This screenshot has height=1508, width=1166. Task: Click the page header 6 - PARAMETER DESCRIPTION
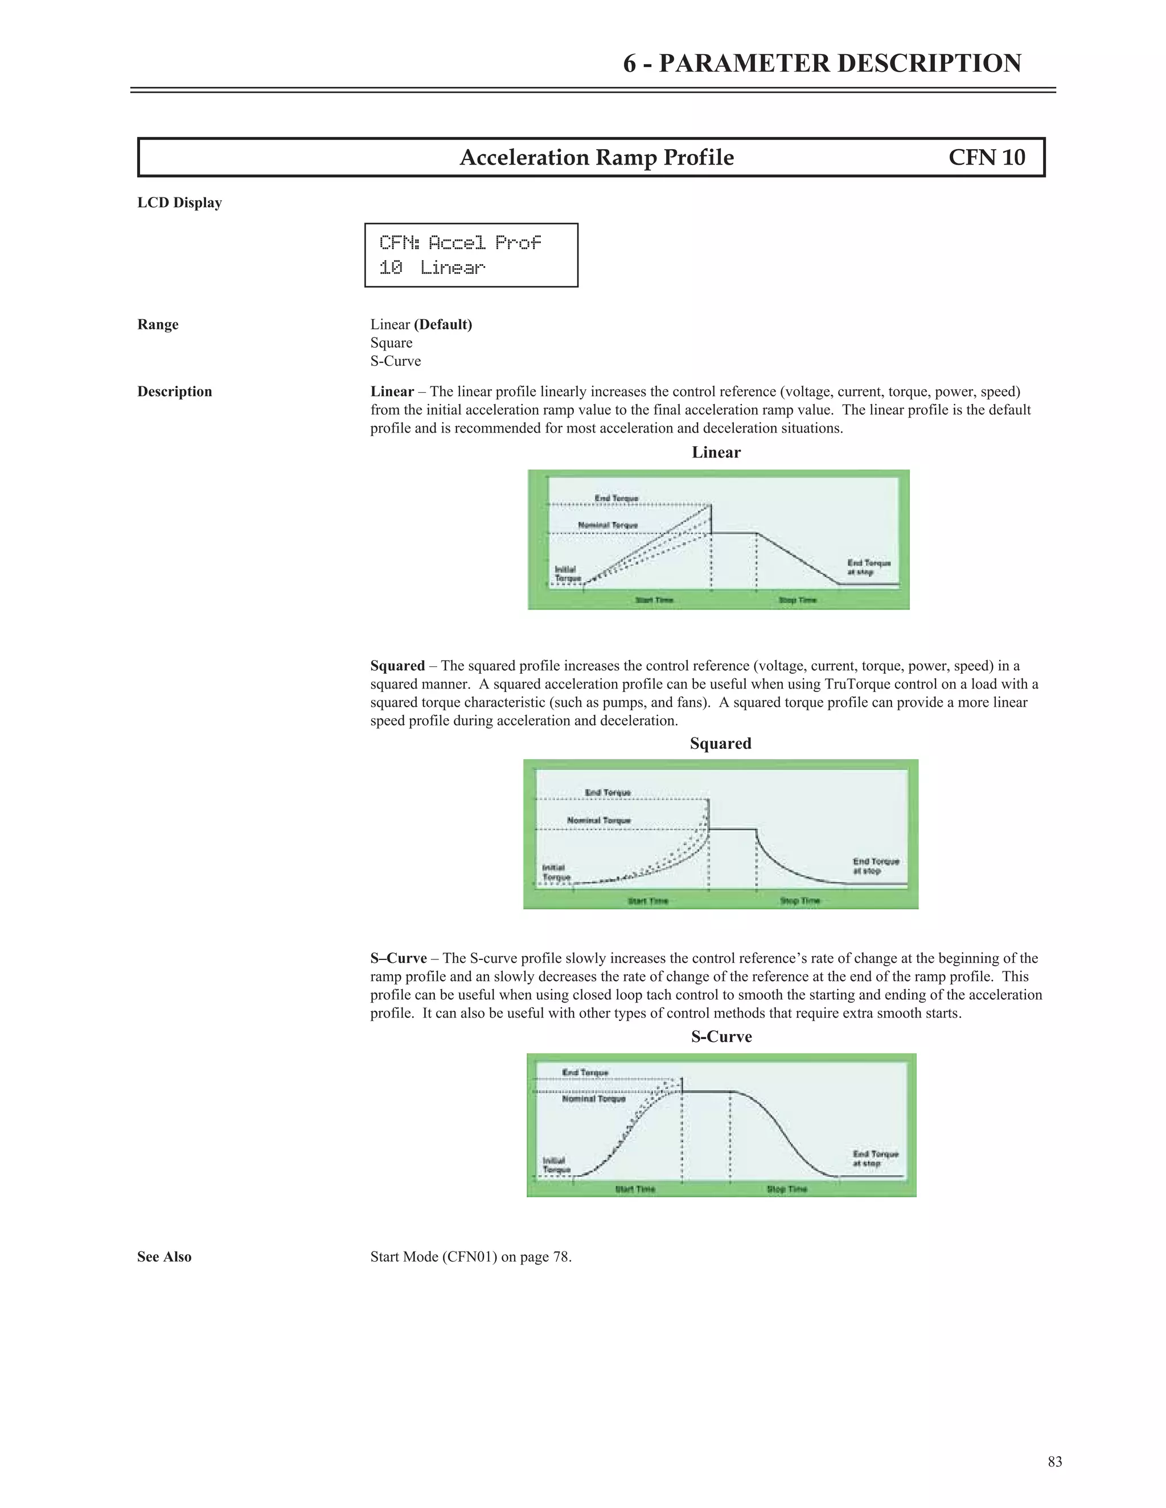pos(822,64)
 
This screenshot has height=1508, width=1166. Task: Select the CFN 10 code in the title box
pos(987,158)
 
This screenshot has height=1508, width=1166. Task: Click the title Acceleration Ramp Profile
pos(596,158)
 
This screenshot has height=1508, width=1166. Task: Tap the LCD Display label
pos(179,203)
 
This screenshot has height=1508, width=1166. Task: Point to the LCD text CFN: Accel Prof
pos(460,242)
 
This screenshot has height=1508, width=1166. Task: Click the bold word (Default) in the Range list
pos(443,324)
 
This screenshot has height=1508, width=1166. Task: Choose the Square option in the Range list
pos(391,343)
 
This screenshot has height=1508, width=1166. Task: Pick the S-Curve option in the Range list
pos(395,361)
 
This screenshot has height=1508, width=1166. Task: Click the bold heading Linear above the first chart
pos(716,452)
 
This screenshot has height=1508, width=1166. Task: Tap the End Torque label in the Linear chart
pos(616,498)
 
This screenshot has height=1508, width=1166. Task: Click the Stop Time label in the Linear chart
pos(797,600)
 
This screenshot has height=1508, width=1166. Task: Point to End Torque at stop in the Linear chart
pos(868,567)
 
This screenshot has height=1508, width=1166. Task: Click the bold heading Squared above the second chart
pos(720,744)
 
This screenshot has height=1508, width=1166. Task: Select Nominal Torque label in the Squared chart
pos(599,820)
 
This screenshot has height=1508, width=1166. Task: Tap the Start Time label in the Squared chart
pos(647,900)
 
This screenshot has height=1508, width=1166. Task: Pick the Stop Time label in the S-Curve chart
pos(786,1189)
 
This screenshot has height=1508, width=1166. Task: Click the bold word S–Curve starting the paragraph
pos(398,958)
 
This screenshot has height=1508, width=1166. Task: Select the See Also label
pos(165,1256)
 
